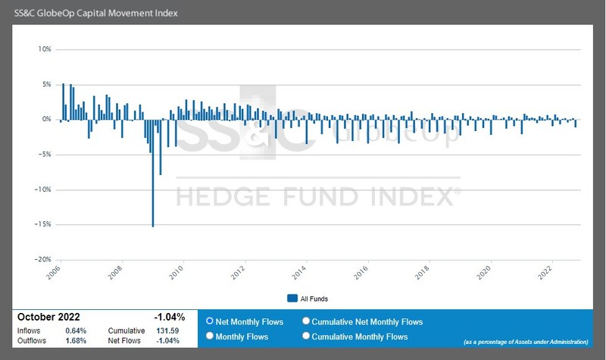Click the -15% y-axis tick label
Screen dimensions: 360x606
pos(42,224)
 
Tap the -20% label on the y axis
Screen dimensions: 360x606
pos(42,259)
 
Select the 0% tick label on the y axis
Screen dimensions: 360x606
pos(45,119)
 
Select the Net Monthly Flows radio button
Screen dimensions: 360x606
pos(210,321)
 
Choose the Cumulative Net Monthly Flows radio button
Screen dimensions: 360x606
pos(306,321)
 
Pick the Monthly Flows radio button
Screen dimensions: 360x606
pos(210,337)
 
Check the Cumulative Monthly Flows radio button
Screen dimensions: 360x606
pos(306,337)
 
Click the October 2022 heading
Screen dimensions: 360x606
pos(48,317)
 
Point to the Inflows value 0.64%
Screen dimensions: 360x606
pos(76,330)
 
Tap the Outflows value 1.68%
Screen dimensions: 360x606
pos(76,340)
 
